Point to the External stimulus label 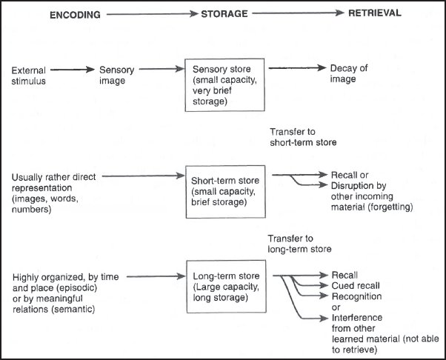tap(29, 75)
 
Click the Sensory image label tap(117, 75)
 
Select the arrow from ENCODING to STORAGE tap(150, 13)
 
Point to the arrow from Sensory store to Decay tap(294, 69)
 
